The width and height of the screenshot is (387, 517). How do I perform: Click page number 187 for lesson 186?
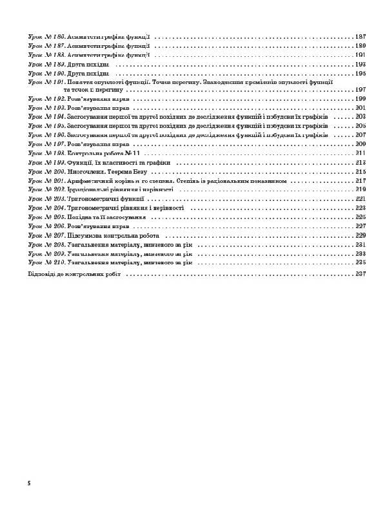(361, 37)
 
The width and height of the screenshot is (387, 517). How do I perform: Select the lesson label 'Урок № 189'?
(47, 65)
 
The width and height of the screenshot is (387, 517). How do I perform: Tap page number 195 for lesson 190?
(361, 74)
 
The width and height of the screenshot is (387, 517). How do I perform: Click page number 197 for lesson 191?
(361, 90)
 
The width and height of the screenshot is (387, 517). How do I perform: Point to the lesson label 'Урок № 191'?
(47, 83)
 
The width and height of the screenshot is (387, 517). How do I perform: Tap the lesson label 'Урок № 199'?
(47, 164)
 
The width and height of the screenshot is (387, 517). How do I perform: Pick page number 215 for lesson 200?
(361, 173)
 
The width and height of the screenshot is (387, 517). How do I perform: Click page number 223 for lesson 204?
(361, 209)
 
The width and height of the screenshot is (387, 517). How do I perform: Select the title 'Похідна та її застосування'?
(106, 218)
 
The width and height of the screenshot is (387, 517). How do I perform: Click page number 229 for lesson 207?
(361, 236)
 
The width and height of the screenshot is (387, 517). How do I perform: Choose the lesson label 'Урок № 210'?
(47, 263)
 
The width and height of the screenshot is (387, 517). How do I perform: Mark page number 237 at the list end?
(361, 274)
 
